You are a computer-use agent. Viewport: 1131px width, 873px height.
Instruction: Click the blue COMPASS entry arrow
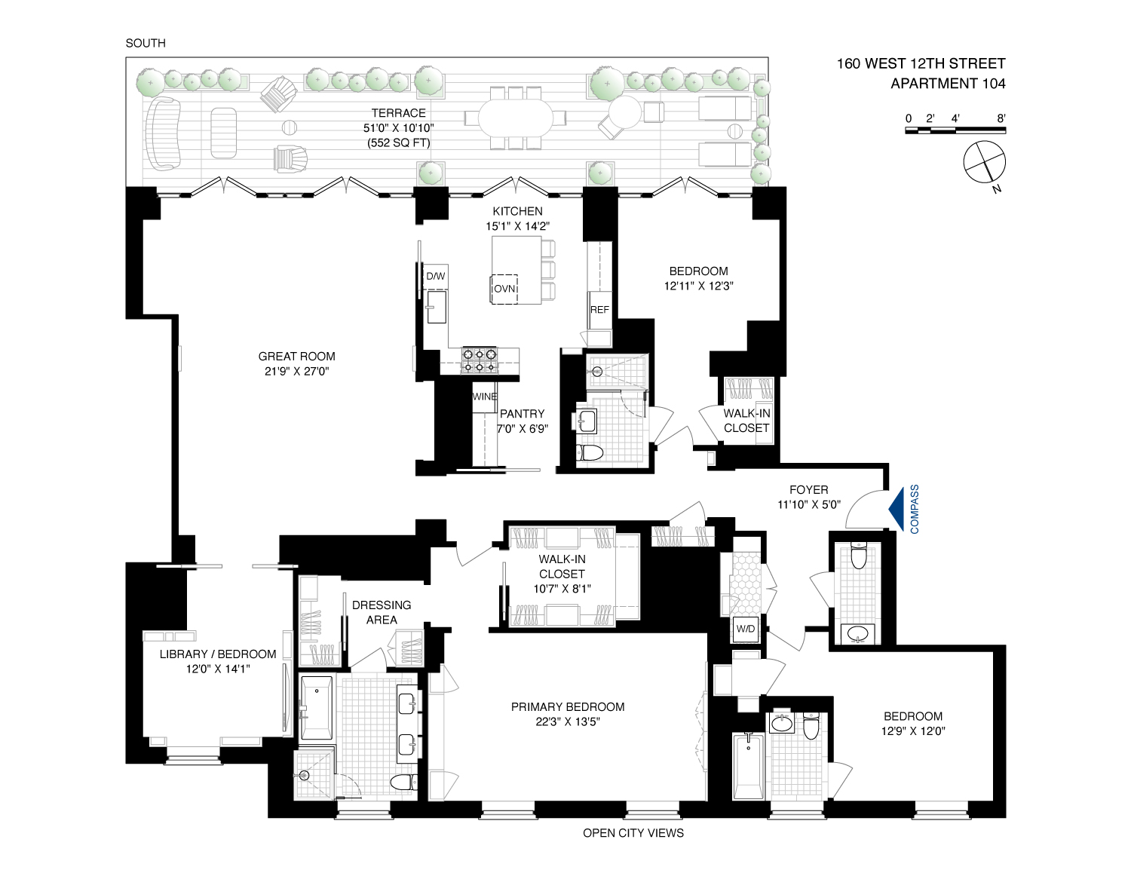point(896,510)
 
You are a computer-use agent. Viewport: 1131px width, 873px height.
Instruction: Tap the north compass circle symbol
point(984,162)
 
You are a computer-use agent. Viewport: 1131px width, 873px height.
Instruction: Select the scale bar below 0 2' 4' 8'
point(955,130)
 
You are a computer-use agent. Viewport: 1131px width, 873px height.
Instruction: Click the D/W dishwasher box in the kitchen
point(436,276)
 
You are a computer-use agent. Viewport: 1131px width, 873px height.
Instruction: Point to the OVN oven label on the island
point(504,289)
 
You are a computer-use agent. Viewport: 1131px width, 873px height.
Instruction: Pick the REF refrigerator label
point(599,310)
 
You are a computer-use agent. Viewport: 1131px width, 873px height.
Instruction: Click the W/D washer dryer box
point(745,629)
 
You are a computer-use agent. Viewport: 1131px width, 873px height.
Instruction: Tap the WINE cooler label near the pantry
point(484,397)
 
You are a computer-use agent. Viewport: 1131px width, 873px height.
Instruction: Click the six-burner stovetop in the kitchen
point(480,360)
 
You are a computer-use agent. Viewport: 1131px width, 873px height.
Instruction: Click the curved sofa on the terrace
point(162,133)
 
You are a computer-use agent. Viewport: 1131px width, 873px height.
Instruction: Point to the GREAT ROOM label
point(296,357)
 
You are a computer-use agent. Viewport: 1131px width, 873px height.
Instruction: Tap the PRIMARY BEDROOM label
point(568,707)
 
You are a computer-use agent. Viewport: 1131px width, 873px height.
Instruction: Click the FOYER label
point(809,489)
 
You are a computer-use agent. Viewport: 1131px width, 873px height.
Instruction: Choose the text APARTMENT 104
point(948,83)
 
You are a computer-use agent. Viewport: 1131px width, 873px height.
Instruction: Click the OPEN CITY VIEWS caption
point(633,833)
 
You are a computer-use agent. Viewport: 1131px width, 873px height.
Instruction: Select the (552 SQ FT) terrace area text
point(399,142)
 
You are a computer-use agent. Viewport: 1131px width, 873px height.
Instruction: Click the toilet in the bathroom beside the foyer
point(858,556)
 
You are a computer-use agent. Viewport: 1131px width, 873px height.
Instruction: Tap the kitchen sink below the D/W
point(437,307)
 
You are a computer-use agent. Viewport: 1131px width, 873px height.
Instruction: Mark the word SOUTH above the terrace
point(146,43)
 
